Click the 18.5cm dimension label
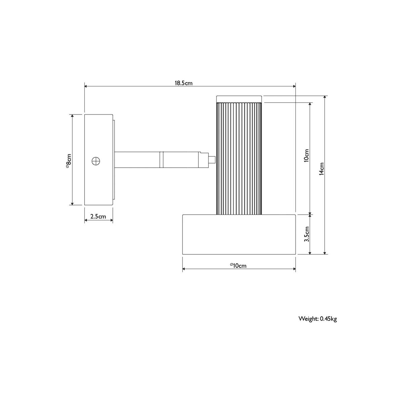[x=183, y=83]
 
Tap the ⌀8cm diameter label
[x=69, y=161]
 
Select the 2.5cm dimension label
[x=98, y=217]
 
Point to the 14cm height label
[x=322, y=169]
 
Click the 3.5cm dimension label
[x=307, y=234]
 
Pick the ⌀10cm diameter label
[x=238, y=266]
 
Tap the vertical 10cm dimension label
[x=306, y=155]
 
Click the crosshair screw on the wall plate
[x=96, y=161]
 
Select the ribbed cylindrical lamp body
[x=239, y=158]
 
